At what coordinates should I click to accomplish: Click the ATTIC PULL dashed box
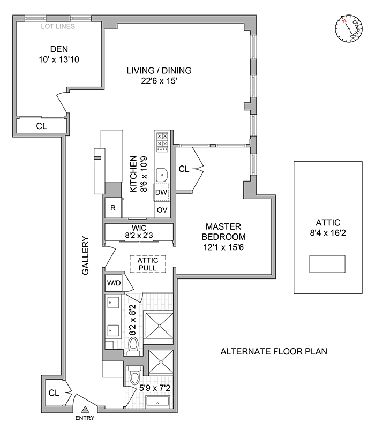click(148, 263)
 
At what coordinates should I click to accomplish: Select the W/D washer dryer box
click(113, 283)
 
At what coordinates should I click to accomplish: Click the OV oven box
click(162, 210)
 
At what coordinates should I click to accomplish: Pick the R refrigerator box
click(113, 208)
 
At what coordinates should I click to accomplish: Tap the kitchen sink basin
click(161, 173)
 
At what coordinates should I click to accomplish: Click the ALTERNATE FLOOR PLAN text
click(274, 352)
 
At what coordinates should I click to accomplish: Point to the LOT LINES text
click(57, 26)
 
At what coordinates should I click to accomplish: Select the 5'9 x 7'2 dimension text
click(154, 387)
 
